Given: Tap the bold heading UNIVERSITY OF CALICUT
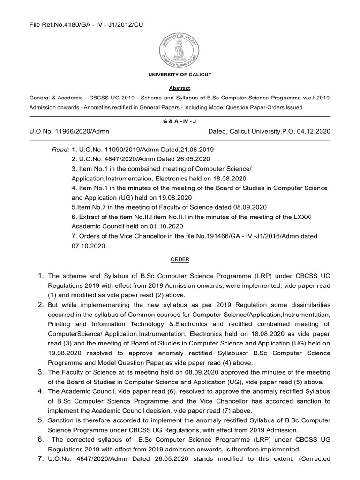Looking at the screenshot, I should coord(180,75).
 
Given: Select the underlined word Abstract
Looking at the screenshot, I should coord(180,88).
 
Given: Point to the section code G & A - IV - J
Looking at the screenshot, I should coord(180,120).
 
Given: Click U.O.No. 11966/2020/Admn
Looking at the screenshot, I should coord(69,132).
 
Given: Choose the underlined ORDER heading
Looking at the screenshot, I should coord(180,259).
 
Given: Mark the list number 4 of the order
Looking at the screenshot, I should coord(41,391).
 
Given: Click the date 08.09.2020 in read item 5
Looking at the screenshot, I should coord(249,207).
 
